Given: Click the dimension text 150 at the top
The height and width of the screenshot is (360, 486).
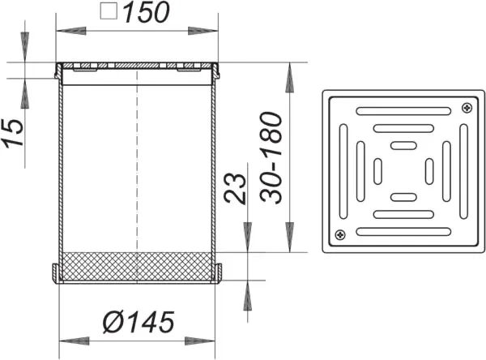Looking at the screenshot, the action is (x=147, y=12).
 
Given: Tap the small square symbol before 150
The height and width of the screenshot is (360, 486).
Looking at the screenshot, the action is (x=109, y=11).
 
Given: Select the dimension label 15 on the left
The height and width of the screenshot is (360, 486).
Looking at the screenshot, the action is (x=13, y=132).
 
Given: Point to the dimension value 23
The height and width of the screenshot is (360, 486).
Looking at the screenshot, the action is (x=235, y=188).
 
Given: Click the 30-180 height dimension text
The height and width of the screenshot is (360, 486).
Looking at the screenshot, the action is (x=271, y=157).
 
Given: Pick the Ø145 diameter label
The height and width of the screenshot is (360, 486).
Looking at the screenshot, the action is (x=139, y=322).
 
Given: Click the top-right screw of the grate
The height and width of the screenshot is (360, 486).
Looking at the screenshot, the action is (x=467, y=108).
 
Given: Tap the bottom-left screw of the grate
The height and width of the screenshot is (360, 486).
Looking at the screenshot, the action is (x=340, y=234).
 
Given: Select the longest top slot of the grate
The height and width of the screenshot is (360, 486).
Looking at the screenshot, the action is (x=403, y=111).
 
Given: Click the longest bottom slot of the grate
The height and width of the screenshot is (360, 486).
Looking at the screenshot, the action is (x=403, y=232).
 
